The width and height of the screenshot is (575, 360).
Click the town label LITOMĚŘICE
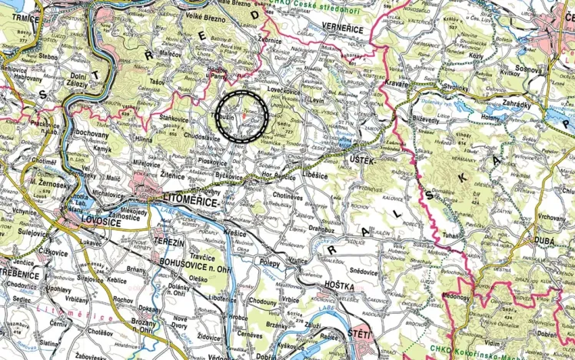[191, 199]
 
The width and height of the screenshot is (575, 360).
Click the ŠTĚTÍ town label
[359, 334]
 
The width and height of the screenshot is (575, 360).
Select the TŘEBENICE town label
[19, 275]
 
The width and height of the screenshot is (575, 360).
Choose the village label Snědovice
[364, 271]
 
